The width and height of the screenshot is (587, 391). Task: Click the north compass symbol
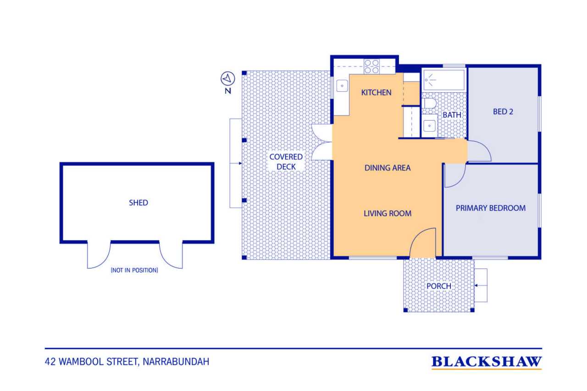[x=228, y=78]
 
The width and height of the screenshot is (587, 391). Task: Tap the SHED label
[x=138, y=203]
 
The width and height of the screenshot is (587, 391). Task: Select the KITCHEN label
[x=376, y=93]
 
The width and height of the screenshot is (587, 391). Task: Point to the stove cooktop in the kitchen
[x=371, y=66]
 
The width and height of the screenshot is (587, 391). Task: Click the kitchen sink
[x=342, y=86]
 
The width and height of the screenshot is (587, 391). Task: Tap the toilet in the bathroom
[x=429, y=103]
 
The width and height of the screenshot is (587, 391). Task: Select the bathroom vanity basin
[x=429, y=126]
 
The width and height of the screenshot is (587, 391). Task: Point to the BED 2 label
[x=503, y=112]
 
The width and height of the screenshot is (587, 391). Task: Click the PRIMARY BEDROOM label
[x=491, y=208]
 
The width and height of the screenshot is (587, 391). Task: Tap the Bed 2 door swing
[x=479, y=151]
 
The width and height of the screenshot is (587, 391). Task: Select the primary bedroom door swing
[x=455, y=176]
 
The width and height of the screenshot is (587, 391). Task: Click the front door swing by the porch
[x=423, y=243]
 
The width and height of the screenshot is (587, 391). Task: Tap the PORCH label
[x=439, y=286]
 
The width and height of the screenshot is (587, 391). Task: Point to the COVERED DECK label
[x=286, y=162]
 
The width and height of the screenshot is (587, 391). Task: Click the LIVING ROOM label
[x=388, y=214]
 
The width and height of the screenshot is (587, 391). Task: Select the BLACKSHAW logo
[x=487, y=363]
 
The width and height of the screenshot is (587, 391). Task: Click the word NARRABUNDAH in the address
[x=176, y=362]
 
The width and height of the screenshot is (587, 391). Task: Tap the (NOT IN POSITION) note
[x=134, y=270]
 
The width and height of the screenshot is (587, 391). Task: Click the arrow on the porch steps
[x=481, y=286]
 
